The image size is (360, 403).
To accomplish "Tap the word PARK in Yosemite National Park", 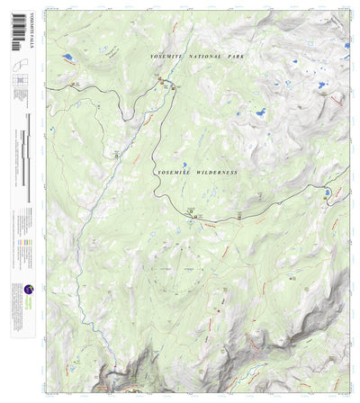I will [231, 57].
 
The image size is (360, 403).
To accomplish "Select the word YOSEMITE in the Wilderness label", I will [172, 171].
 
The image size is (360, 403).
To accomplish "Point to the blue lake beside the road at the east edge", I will [328, 192].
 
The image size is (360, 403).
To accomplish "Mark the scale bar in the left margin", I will [28, 162].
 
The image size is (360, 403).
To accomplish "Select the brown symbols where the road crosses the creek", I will [166, 83].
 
